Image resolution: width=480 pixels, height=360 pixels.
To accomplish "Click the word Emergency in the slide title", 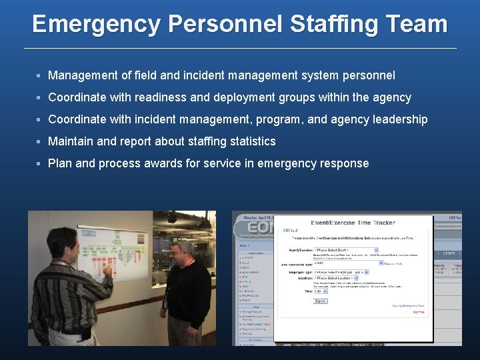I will (96, 25).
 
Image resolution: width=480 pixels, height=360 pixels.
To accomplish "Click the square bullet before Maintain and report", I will (40, 141).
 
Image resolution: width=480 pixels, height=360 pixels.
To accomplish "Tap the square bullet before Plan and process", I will (40, 163).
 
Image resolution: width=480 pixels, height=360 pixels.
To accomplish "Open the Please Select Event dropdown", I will (346, 251).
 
